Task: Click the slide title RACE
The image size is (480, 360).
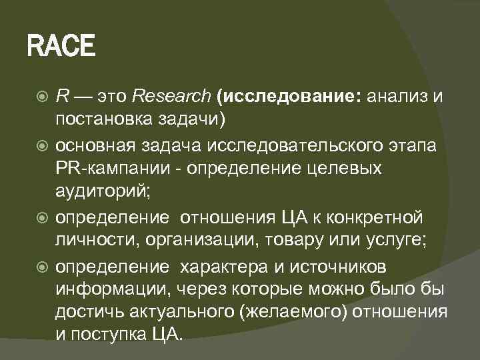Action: click(x=61, y=47)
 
